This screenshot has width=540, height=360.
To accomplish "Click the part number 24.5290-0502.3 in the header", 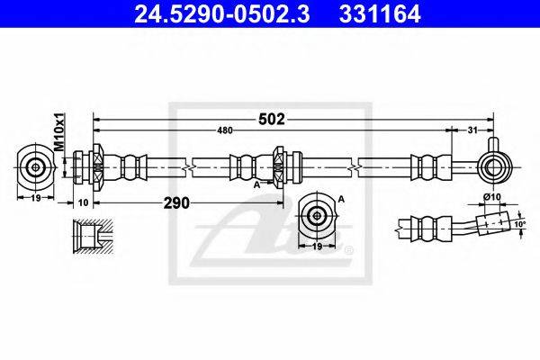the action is click(221, 13).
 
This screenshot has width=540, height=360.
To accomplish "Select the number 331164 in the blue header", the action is click(380, 13).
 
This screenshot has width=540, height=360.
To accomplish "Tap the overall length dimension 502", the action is click(272, 119).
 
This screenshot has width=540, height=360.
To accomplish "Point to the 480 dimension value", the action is click(225, 130).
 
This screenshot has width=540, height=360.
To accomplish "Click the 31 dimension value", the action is click(472, 130).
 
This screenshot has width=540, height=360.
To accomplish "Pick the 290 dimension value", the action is click(176, 203).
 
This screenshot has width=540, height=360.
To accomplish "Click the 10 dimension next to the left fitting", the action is click(84, 202).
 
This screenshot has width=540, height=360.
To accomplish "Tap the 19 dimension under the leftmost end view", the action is click(36, 198).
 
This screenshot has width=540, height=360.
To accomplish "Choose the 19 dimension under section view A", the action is click(317, 246).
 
